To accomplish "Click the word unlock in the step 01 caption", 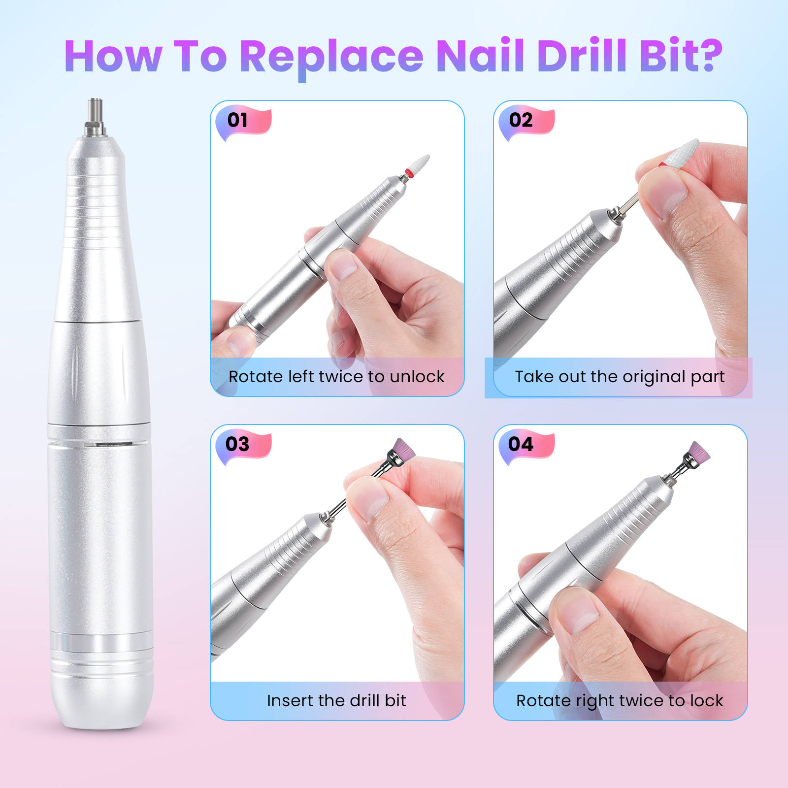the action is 417,377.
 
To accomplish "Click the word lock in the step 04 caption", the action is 706,700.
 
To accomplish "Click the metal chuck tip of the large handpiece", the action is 95,117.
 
